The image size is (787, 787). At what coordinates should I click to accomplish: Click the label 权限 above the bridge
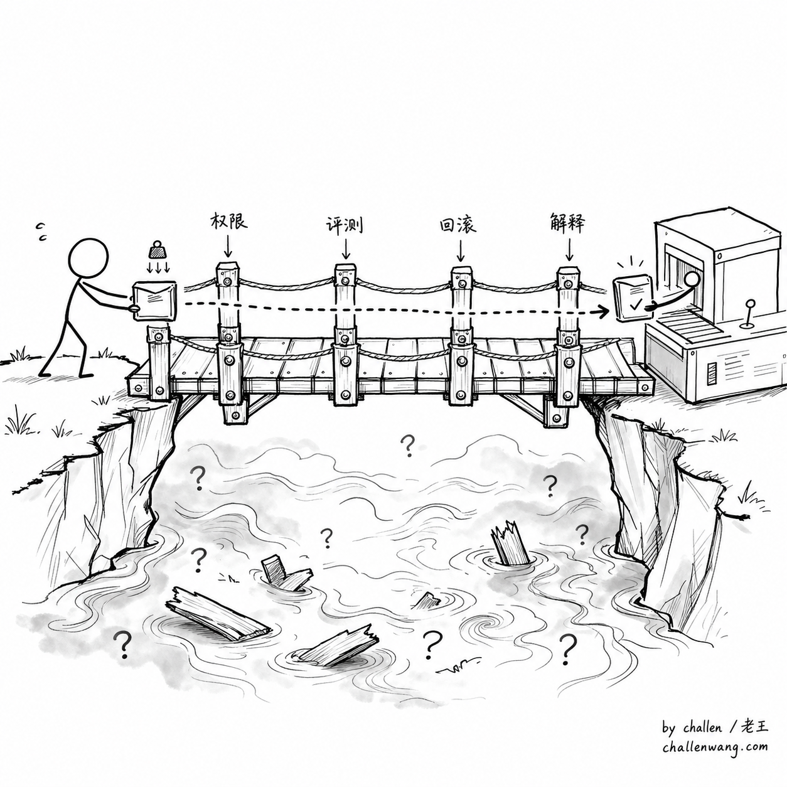[228, 221]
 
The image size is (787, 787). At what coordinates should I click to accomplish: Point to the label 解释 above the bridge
[567, 222]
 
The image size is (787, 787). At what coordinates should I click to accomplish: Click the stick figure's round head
[88, 259]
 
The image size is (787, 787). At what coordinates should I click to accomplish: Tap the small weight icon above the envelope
[157, 250]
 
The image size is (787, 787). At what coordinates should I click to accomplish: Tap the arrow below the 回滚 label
[461, 250]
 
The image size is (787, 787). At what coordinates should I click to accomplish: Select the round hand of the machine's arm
[692, 279]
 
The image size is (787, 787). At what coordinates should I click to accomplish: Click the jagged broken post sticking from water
[508, 543]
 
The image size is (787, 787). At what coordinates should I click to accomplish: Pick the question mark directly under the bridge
[407, 446]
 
